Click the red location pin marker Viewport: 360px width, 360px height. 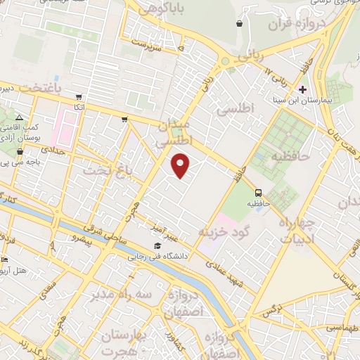click(181, 166)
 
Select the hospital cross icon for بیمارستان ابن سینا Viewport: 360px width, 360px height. click(303, 89)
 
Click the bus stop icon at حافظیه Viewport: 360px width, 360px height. click(258, 192)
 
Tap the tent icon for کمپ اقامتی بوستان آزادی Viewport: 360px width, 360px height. click(20, 117)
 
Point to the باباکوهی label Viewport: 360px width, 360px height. click(155, 8)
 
